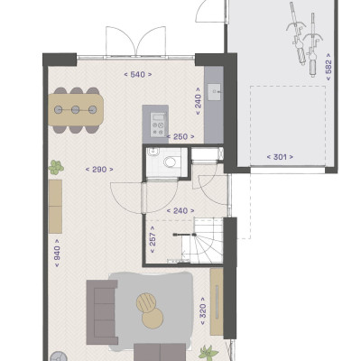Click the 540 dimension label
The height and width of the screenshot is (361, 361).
(x=138, y=74)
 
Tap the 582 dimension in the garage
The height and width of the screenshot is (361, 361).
(x=329, y=67)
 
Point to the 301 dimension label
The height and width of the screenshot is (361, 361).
(x=280, y=157)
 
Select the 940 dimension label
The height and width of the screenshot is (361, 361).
(x=57, y=253)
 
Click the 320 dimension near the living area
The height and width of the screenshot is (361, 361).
(x=202, y=311)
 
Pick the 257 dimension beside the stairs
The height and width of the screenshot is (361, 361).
(x=153, y=240)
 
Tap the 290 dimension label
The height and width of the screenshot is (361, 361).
(x=99, y=170)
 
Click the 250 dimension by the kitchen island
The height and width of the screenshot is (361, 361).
(x=180, y=137)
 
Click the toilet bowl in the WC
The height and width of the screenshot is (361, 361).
(x=170, y=162)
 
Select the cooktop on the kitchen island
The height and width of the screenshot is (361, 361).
(x=158, y=125)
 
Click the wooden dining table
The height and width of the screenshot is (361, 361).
(x=76, y=110)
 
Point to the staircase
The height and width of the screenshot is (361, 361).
(x=202, y=241)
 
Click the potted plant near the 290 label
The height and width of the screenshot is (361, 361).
(x=56, y=168)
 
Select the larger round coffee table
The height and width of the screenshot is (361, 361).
(x=153, y=318)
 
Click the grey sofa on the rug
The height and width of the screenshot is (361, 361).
(x=101, y=312)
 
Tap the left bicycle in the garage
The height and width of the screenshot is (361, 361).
(x=297, y=33)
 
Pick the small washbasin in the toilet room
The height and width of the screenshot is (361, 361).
(x=153, y=152)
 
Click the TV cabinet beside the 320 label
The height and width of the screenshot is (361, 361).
(x=217, y=301)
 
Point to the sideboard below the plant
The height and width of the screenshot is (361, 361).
(x=55, y=207)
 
